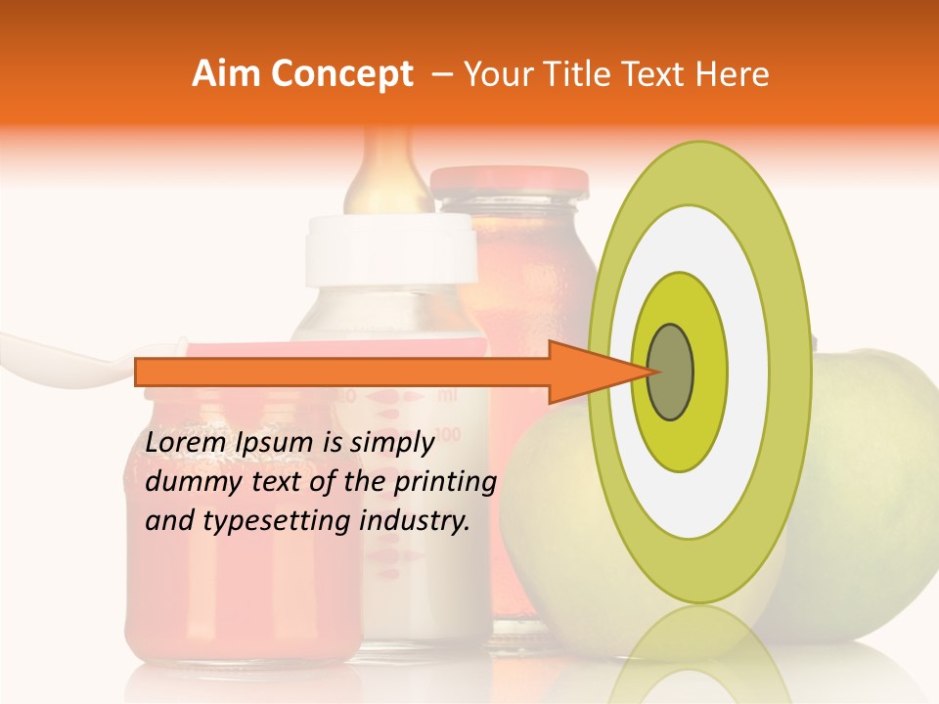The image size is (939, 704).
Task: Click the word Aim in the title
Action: pyautogui.click(x=225, y=74)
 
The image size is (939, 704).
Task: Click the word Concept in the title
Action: pyautogui.click(x=341, y=74)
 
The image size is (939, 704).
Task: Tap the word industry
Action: pyautogui.click(x=412, y=521)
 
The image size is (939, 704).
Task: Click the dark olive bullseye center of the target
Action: pyautogui.click(x=670, y=372)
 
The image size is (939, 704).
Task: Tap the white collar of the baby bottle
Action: pyautogui.click(x=390, y=248)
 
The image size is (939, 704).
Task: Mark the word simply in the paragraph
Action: pyautogui.click(x=390, y=443)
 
